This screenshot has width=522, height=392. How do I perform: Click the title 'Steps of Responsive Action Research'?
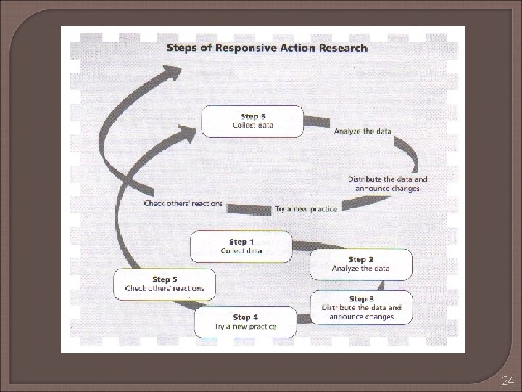pos(268,49)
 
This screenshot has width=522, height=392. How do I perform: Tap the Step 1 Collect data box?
pos(241,246)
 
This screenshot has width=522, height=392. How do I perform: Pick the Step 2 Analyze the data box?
pos(360,264)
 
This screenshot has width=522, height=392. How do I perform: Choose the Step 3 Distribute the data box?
pos(361,308)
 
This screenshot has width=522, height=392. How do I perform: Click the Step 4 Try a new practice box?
pos(245,322)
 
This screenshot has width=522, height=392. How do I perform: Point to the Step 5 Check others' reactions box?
pos(165,284)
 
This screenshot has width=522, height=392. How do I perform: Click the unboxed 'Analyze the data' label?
pos(362,131)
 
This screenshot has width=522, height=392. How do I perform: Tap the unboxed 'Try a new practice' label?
pos(306,209)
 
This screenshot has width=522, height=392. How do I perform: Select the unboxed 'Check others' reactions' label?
pos(183,203)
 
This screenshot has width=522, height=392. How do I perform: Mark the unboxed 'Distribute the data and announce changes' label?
pos(387,184)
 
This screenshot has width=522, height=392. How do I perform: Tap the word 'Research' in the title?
pos(341,49)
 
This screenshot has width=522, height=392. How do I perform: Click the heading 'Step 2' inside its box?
pos(360,259)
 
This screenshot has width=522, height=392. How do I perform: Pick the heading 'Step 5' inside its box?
pos(165,279)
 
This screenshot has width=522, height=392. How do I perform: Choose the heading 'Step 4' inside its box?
pos(245,317)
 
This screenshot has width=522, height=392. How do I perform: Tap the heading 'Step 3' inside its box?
pos(361,298)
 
